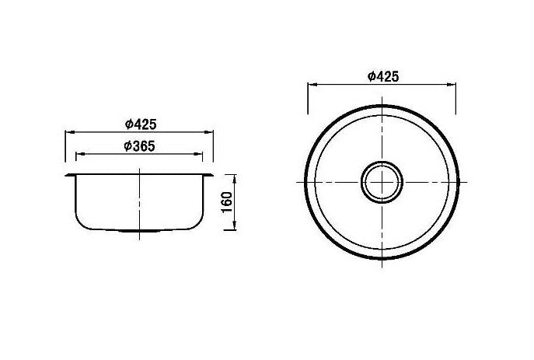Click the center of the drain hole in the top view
(382, 181)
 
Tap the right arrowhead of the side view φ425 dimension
(211, 131)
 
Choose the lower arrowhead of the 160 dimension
(234, 229)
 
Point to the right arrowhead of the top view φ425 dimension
(453, 85)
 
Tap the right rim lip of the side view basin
(211, 175)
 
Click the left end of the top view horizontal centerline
(297, 181)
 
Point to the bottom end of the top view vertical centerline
(382, 267)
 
